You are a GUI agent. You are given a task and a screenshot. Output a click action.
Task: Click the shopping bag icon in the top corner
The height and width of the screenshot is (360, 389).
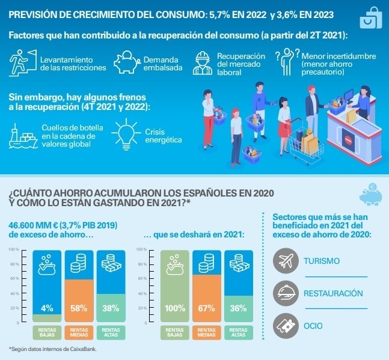pyautogui.click(x=368, y=19)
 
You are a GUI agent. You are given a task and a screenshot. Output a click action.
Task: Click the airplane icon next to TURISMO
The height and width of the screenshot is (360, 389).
pyautogui.click(x=286, y=261)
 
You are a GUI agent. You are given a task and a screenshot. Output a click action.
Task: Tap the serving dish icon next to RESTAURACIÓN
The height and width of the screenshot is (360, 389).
pyautogui.click(x=286, y=294)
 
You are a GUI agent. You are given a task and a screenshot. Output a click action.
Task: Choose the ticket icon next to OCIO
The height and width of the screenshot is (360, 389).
pyautogui.click(x=286, y=326)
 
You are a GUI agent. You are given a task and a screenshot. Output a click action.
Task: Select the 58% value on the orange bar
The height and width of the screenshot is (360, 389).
pyautogui.click(x=79, y=308)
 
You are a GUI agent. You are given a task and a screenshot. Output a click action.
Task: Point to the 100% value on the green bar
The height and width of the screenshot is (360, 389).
pyautogui.click(x=174, y=308)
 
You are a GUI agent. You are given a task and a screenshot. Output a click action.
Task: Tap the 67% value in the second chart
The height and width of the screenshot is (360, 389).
pyautogui.click(x=206, y=308)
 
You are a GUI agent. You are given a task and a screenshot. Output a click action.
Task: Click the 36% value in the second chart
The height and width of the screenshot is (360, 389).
pyautogui.click(x=238, y=308)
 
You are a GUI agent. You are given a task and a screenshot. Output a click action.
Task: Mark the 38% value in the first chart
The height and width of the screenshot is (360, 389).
pyautogui.click(x=111, y=308)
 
